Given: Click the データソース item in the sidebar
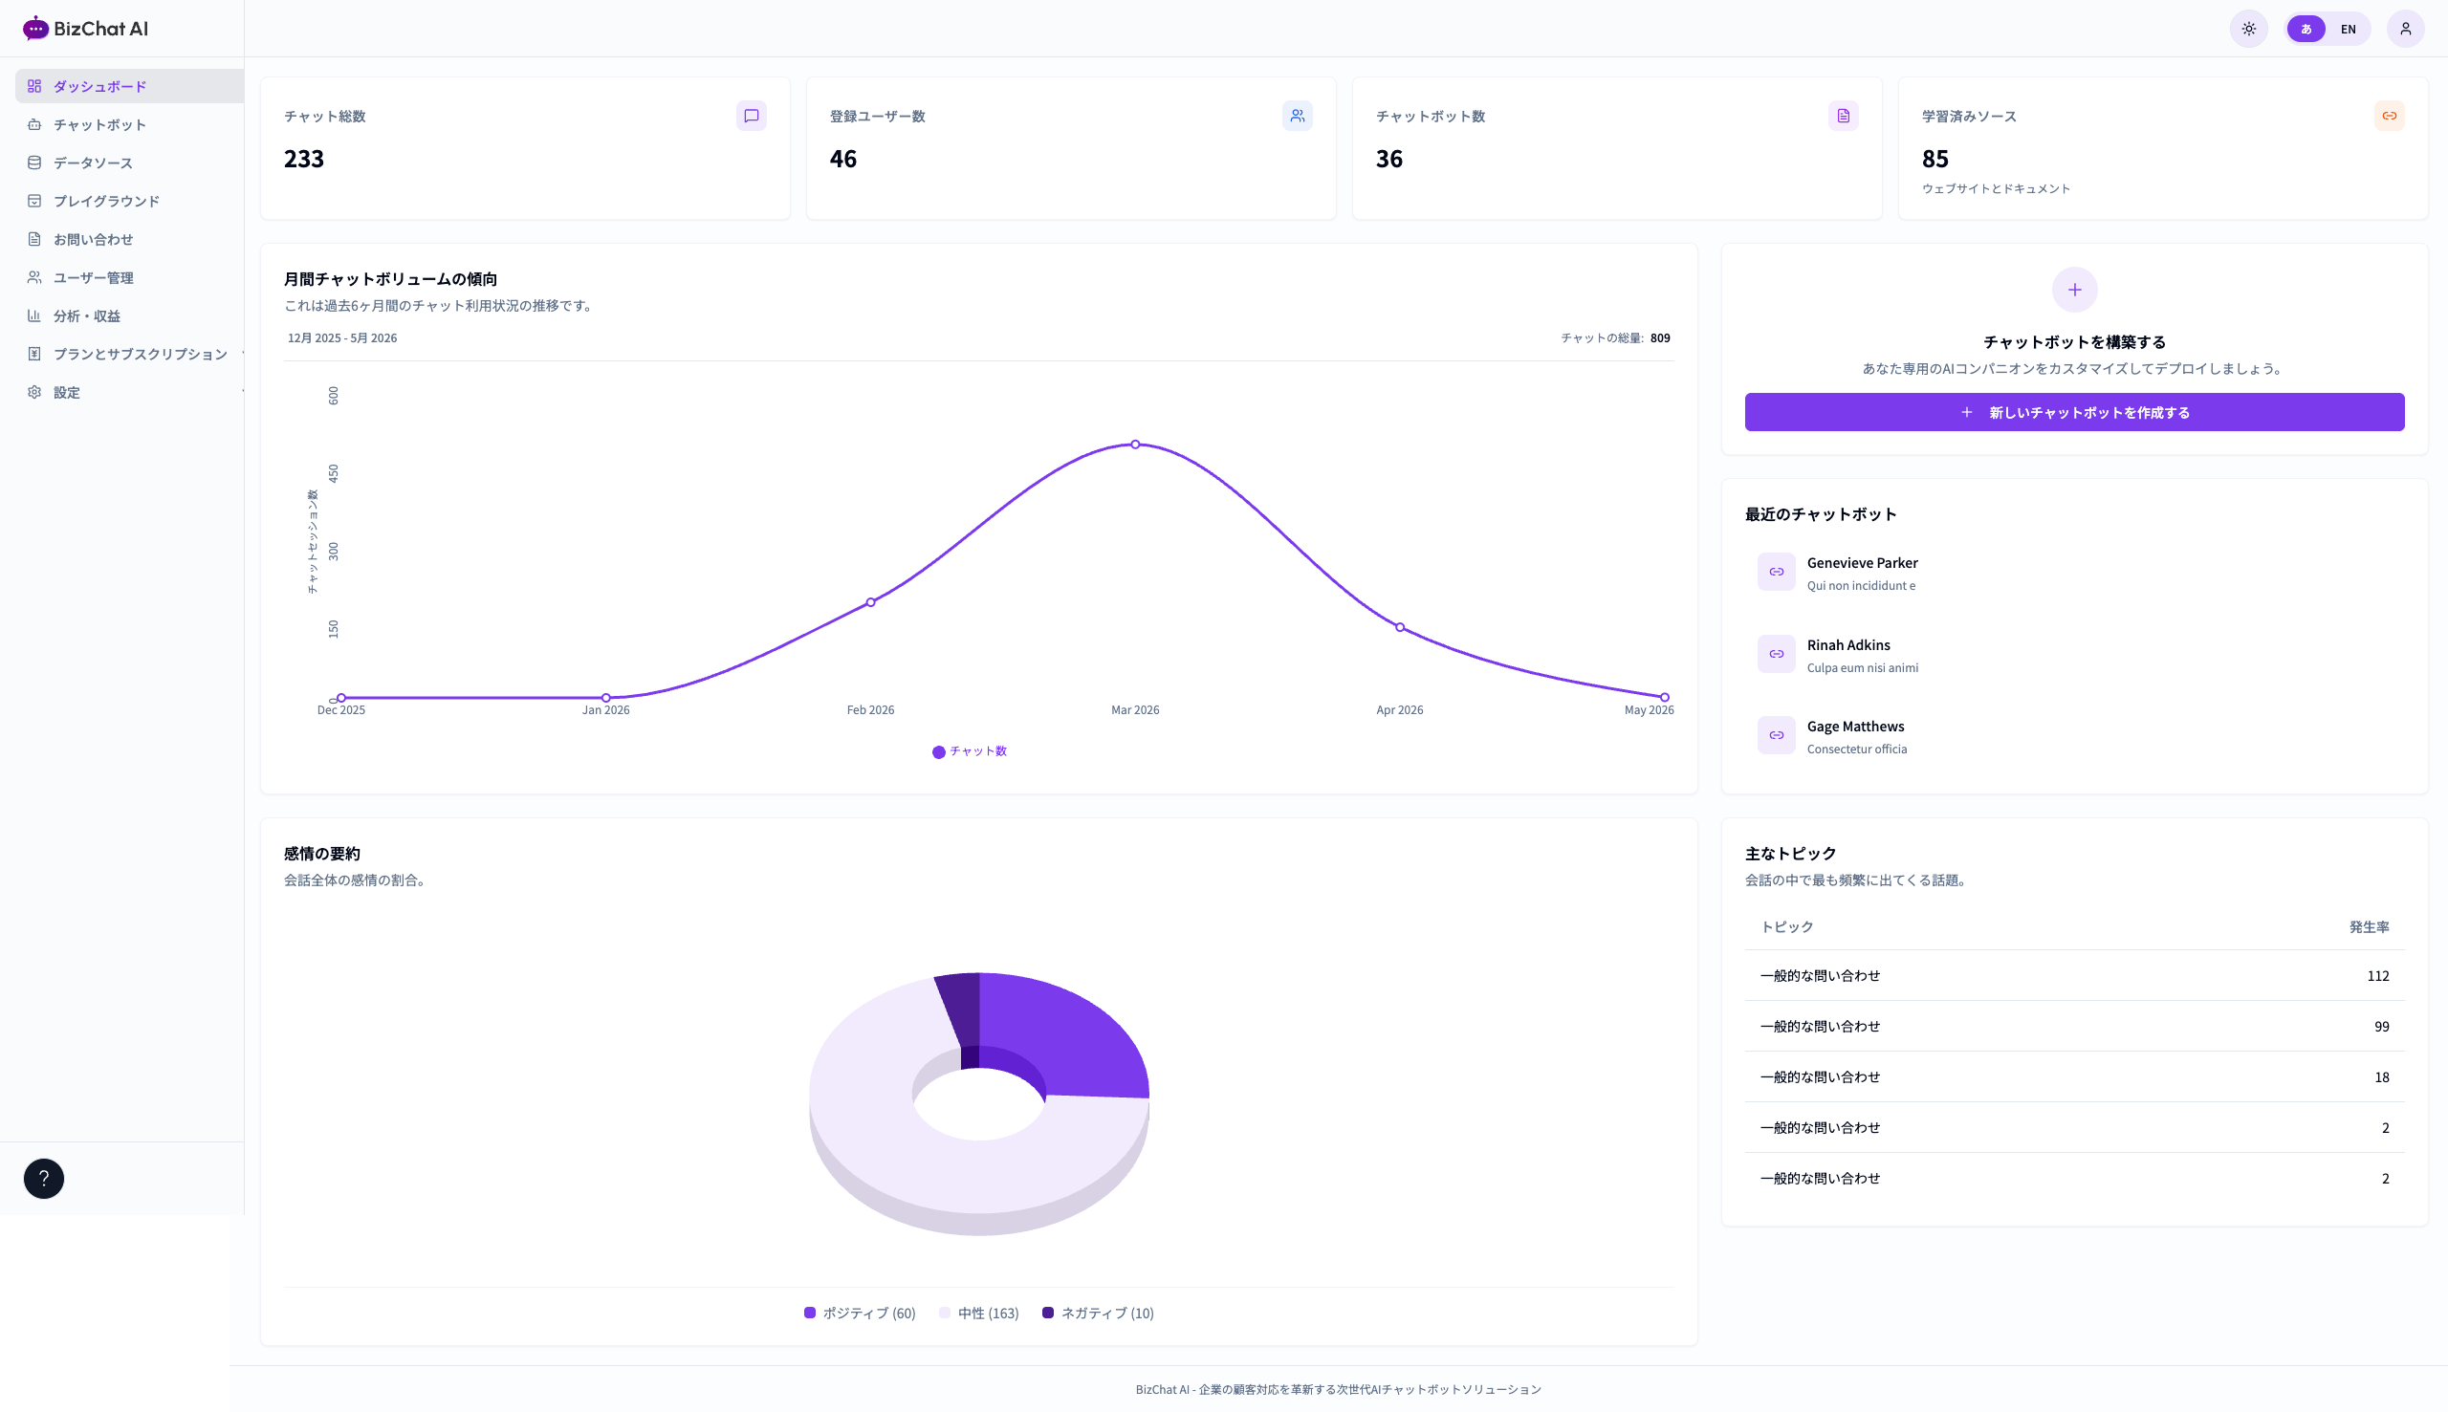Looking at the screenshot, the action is tap(93, 163).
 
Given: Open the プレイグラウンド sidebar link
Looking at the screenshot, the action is tap(106, 201).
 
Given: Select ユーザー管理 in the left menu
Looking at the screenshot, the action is tap(93, 277).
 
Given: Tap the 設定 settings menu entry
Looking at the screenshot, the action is tap(66, 392).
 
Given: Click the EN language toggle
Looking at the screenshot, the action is tap(2349, 29).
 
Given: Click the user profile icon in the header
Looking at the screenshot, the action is tap(2405, 29).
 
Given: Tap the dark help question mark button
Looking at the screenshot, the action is tap(44, 1179).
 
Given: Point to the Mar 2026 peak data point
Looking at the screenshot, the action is tap(1135, 445).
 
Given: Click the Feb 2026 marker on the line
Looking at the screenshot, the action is tap(871, 602).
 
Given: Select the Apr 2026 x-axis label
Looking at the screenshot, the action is tap(1400, 710).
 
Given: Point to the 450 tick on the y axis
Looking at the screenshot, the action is tap(334, 473).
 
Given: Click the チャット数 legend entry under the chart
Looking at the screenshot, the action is tap(969, 751).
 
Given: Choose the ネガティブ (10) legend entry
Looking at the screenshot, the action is tap(1098, 1314).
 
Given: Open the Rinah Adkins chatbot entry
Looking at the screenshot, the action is tap(1848, 655).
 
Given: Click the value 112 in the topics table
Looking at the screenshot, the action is tap(2377, 976).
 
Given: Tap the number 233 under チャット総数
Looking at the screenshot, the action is tap(303, 158).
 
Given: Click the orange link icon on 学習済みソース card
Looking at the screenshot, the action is tap(2389, 116).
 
